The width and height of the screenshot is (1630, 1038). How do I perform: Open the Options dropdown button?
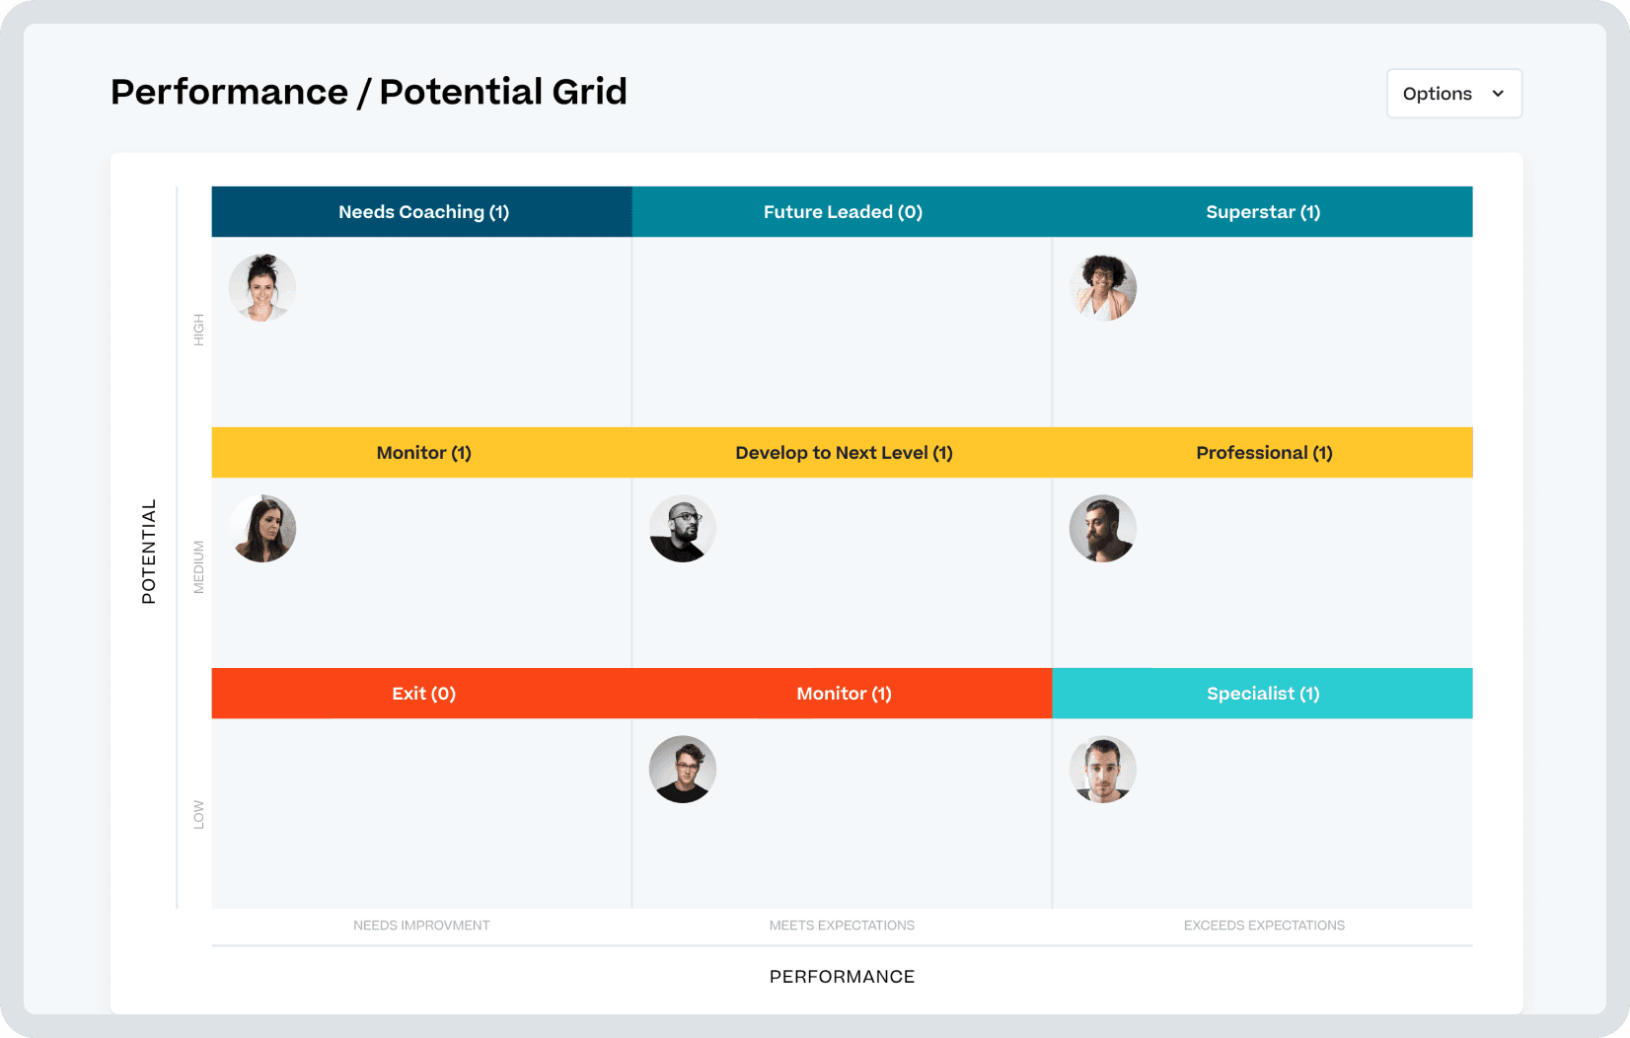(1453, 94)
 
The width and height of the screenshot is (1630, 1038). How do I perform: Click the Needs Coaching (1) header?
(423, 212)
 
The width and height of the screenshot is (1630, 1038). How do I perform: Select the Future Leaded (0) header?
(843, 212)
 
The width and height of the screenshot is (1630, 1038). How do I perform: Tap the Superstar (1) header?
(1262, 212)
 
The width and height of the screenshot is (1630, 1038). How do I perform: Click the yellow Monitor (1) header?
(423, 453)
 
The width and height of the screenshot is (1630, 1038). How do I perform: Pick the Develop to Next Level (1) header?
(843, 453)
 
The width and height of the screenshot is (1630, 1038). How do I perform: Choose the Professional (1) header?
(1263, 453)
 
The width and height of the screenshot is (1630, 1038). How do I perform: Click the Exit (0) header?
(423, 694)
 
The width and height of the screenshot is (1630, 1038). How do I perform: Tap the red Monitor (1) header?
(843, 694)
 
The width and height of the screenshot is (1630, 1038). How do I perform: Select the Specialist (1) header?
(1262, 694)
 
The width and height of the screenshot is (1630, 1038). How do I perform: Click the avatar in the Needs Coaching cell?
(262, 288)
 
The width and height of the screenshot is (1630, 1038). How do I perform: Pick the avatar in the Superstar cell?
(1103, 288)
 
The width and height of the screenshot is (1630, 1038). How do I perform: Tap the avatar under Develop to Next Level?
(683, 529)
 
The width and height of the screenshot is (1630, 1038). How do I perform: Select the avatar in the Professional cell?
(1103, 529)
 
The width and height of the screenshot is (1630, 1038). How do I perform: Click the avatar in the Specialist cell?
(1103, 770)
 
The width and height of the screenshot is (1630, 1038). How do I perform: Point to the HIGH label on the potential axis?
(198, 330)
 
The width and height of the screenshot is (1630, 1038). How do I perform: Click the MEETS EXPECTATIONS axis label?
(842, 926)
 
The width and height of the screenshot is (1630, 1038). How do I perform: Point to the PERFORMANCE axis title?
(842, 977)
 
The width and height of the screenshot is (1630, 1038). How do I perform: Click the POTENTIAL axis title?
(149, 552)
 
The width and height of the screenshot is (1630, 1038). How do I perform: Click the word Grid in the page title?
(589, 92)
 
